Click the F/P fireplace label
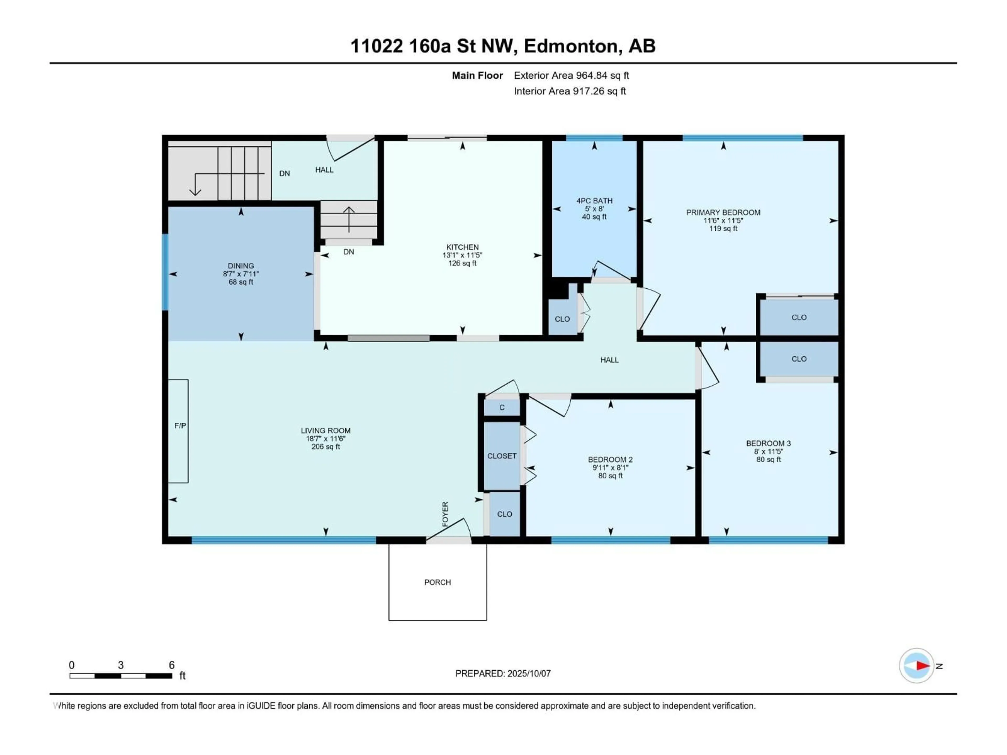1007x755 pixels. pyautogui.click(x=180, y=425)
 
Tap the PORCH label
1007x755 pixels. pyautogui.click(x=437, y=582)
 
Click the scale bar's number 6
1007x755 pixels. pyautogui.click(x=172, y=665)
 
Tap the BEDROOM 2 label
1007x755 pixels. pyautogui.click(x=610, y=460)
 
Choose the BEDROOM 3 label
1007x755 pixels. pyautogui.click(x=768, y=443)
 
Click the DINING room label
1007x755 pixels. pyautogui.click(x=241, y=266)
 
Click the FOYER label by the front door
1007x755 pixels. pyautogui.click(x=445, y=514)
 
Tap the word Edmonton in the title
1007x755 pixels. pyautogui.click(x=571, y=46)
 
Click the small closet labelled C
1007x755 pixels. pyautogui.click(x=502, y=407)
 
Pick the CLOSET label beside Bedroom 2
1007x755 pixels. pyautogui.click(x=502, y=456)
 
